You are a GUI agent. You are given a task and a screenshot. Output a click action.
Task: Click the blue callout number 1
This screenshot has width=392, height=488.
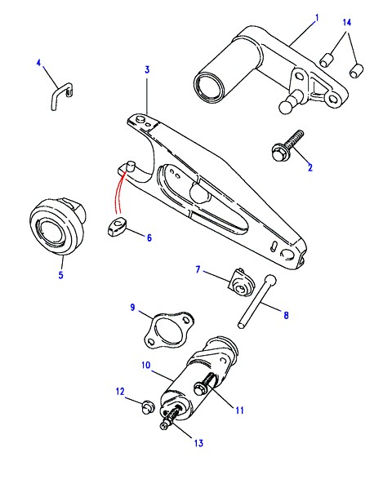tap(317, 18)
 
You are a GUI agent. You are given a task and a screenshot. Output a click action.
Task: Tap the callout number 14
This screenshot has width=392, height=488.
tap(346, 22)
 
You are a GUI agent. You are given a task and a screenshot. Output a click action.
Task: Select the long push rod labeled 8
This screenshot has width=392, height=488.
tap(257, 300)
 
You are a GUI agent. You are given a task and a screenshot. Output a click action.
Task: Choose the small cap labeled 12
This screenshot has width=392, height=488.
tap(147, 406)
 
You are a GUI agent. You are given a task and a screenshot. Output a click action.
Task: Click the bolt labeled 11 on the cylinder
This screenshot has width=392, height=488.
tap(205, 384)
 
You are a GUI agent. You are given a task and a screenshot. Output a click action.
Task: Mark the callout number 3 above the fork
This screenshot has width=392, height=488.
tap(147, 69)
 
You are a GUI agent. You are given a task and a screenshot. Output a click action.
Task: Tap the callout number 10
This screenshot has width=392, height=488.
tap(145, 365)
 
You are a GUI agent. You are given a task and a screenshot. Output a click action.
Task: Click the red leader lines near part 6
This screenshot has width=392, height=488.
tap(121, 192)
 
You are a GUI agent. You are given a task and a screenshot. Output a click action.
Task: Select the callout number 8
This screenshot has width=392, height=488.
tap(286, 315)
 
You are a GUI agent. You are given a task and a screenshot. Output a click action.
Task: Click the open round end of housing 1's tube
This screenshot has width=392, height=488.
tap(209, 88)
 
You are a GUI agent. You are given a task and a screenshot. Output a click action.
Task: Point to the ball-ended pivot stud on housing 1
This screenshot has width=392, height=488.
tap(292, 102)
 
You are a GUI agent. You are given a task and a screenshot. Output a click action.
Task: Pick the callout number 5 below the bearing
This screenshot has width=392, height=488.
tap(60, 275)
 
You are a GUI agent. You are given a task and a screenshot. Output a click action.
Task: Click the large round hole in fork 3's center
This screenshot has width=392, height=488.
tap(199, 193)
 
